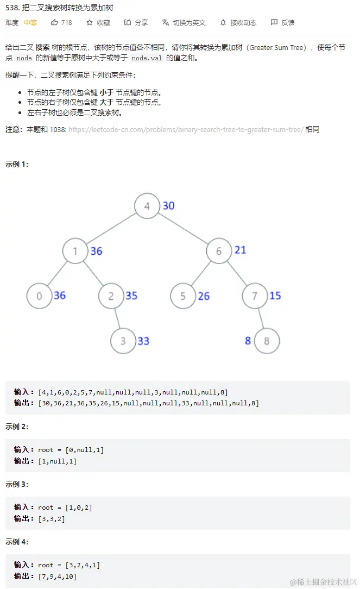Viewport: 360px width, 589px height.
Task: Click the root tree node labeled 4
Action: (x=147, y=206)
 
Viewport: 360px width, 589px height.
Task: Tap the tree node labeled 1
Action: (x=75, y=251)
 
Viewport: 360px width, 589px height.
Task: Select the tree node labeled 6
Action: (x=219, y=251)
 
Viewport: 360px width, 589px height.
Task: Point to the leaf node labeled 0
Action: (x=39, y=296)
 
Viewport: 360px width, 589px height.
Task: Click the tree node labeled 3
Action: (x=123, y=341)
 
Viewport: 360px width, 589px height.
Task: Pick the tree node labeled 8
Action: (x=267, y=341)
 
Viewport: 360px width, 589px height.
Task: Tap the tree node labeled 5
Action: (x=183, y=296)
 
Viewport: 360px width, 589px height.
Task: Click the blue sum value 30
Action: (x=168, y=205)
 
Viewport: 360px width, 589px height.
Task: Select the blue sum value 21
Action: (x=240, y=250)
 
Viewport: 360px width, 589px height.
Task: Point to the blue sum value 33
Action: (x=143, y=341)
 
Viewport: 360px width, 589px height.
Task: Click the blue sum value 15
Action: (x=275, y=296)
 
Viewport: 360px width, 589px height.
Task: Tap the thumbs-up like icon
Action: (x=54, y=22)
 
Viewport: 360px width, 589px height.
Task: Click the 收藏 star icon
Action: (x=90, y=22)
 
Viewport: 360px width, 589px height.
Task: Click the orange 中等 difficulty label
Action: (x=30, y=22)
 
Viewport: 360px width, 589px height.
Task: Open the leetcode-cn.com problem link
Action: (x=186, y=129)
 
